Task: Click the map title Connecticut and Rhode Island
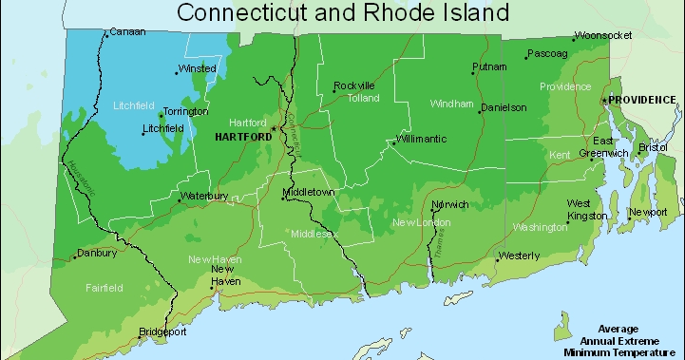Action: (343, 12)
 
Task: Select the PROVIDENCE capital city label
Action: (642, 100)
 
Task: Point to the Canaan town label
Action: (127, 31)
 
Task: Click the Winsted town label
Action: (198, 69)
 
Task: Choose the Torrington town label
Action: (185, 112)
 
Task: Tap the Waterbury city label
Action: (205, 197)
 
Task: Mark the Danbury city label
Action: (97, 254)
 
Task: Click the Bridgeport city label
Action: (162, 332)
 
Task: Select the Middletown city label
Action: (311, 193)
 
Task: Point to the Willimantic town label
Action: (421, 139)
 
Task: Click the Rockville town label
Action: (354, 85)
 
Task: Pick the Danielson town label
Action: (504, 108)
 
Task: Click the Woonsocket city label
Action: (603, 35)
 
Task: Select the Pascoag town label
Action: (547, 54)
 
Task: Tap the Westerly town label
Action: (519, 256)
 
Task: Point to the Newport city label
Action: (648, 212)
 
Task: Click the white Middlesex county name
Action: (314, 234)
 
